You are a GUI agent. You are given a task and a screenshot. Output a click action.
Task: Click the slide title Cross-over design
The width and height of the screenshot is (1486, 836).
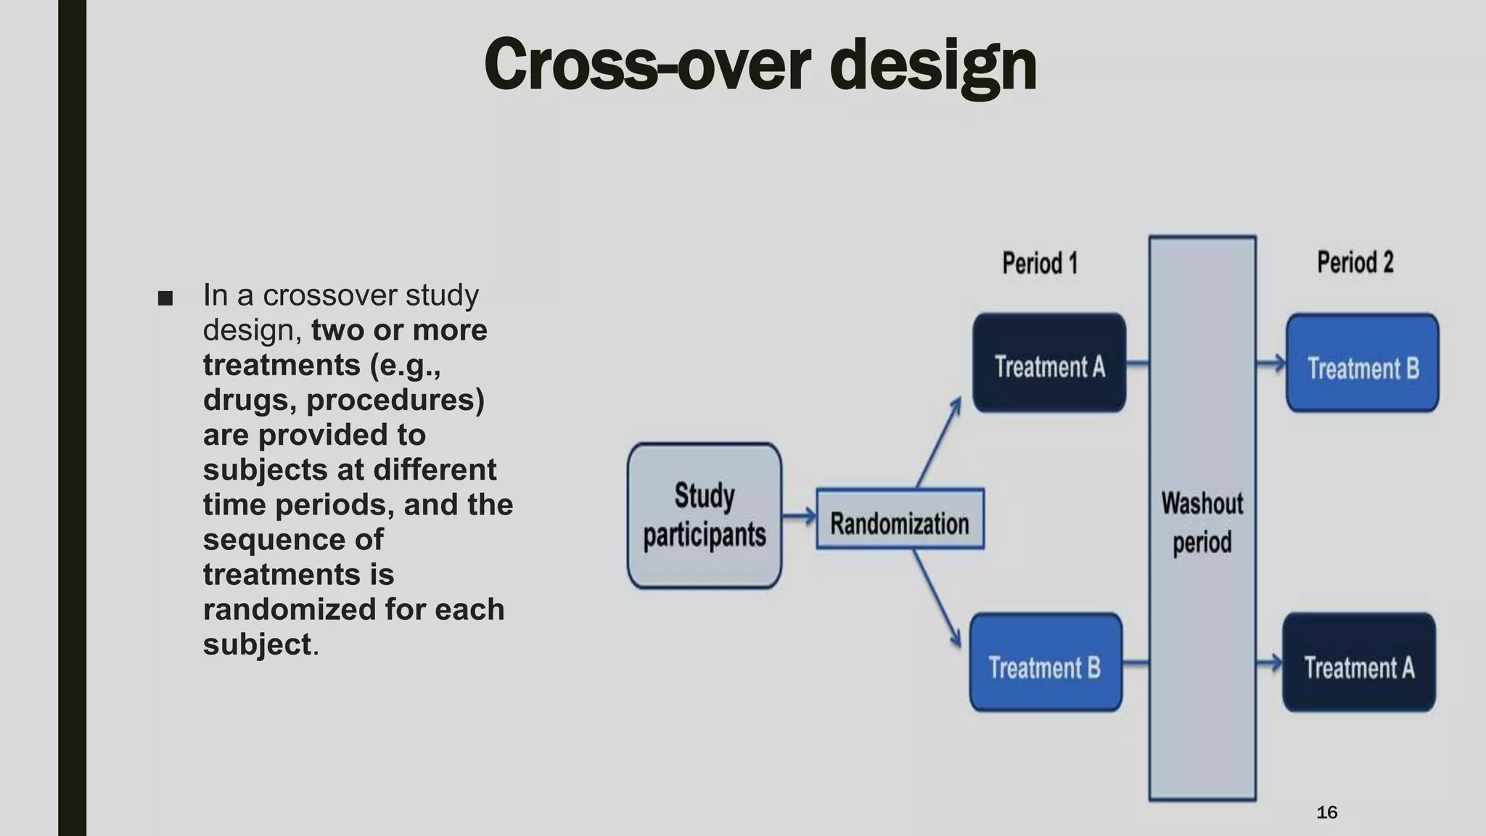click(x=760, y=65)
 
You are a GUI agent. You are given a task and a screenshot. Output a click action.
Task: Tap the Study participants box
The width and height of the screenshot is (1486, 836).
click(x=704, y=515)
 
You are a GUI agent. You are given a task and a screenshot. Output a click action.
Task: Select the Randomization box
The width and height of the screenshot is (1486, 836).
click(x=900, y=520)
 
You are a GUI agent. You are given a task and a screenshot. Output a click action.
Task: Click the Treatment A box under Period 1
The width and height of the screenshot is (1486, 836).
click(x=1049, y=364)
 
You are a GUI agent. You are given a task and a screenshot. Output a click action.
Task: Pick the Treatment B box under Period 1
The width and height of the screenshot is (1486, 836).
click(x=1046, y=663)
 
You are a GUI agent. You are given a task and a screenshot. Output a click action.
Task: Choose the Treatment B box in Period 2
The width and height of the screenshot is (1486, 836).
click(x=1362, y=364)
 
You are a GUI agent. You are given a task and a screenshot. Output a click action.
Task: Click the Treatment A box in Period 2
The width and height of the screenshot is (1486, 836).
click(x=1359, y=663)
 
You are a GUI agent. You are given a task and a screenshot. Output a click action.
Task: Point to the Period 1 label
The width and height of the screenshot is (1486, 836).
click(x=1040, y=263)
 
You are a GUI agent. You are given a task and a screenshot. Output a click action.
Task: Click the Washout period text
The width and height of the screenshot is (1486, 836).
click(x=1202, y=522)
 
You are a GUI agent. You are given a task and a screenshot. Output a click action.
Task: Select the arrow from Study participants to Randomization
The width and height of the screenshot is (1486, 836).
click(x=799, y=517)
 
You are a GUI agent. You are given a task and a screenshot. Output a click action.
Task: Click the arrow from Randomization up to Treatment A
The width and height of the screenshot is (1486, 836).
click(x=939, y=443)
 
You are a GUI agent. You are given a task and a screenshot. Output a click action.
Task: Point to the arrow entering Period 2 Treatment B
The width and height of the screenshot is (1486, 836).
click(x=1271, y=363)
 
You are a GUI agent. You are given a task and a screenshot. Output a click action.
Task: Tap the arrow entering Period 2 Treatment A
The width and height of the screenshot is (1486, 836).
click(x=1269, y=663)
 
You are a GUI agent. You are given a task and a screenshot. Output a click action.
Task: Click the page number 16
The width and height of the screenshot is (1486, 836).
click(x=1326, y=812)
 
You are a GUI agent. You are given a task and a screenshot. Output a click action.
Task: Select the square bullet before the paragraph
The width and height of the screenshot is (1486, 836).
click(x=165, y=298)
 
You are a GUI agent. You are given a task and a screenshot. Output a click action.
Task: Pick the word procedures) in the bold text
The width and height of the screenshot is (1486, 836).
click(x=395, y=400)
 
